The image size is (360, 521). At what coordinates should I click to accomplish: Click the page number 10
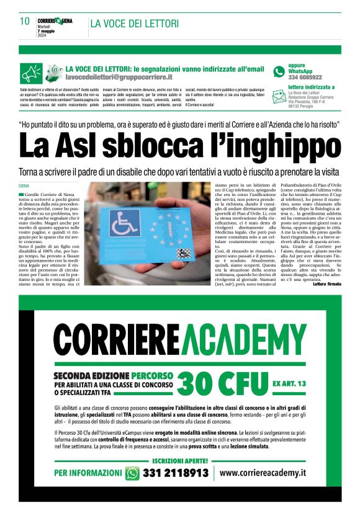tap(25, 21)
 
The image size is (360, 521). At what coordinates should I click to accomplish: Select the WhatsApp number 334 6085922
tap(305, 78)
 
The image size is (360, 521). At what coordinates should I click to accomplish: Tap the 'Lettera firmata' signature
tap(326, 283)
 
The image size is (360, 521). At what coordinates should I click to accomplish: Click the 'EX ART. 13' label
tap(289, 385)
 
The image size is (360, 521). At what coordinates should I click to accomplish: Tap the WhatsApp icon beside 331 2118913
tap(132, 473)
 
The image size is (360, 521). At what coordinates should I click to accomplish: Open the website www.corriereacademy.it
tap(263, 473)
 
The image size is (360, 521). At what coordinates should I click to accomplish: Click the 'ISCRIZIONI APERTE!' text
tap(180, 460)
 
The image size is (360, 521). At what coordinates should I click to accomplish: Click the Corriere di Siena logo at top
tap(55, 21)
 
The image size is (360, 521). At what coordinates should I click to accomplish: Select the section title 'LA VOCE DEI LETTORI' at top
tap(135, 24)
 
